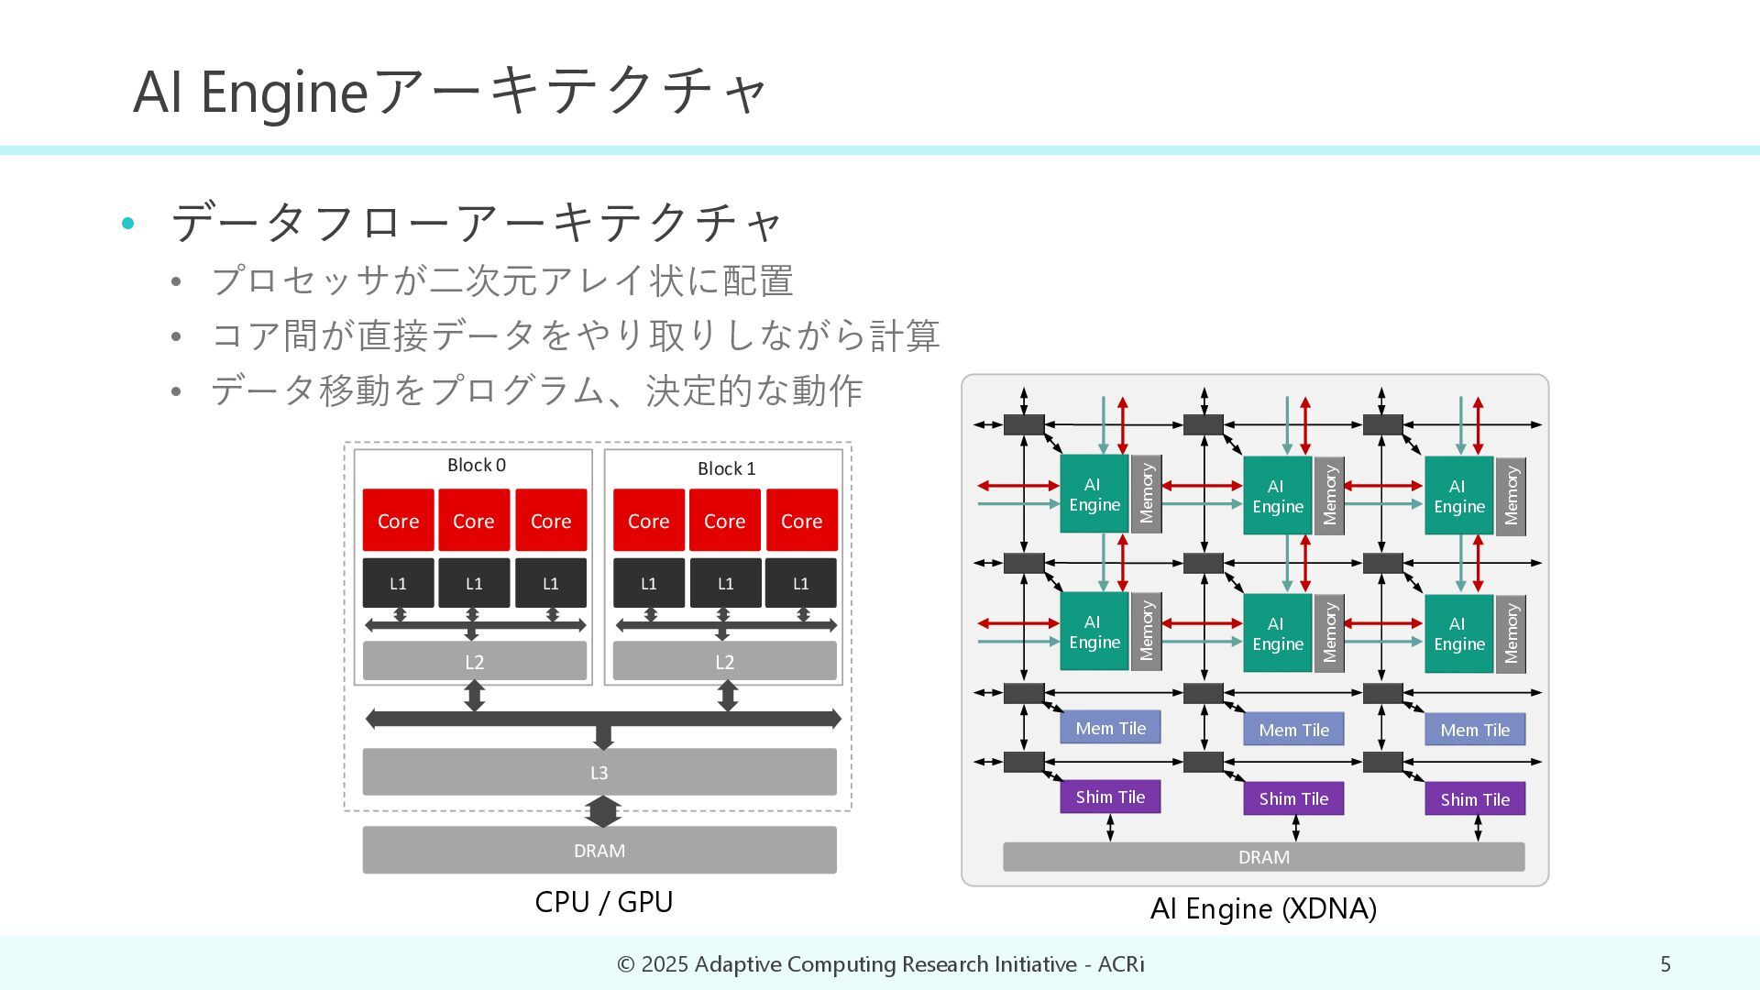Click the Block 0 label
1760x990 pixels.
coord(476,466)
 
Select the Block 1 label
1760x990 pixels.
coord(726,469)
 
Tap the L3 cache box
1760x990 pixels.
coord(599,772)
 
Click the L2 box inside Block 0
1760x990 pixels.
coord(474,661)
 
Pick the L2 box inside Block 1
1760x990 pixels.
coord(724,661)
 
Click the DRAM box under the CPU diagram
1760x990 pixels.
coord(599,851)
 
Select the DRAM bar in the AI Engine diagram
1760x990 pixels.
coord(1263,857)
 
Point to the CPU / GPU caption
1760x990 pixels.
coord(603,902)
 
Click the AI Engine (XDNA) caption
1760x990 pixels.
coord(1263,908)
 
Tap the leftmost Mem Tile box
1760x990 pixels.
coord(1110,728)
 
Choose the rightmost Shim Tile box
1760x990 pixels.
coord(1475,799)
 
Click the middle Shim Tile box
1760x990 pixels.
coord(1293,798)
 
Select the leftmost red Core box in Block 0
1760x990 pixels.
coord(398,520)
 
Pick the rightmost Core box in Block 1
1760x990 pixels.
coord(801,520)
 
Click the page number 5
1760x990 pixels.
coord(1666,964)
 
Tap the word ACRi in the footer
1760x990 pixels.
coord(1121,964)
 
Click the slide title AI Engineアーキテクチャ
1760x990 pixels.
coord(450,92)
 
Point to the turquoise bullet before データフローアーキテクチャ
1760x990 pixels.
coord(128,223)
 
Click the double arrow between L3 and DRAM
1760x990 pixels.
coord(602,811)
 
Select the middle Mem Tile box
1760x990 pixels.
coord(1293,730)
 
